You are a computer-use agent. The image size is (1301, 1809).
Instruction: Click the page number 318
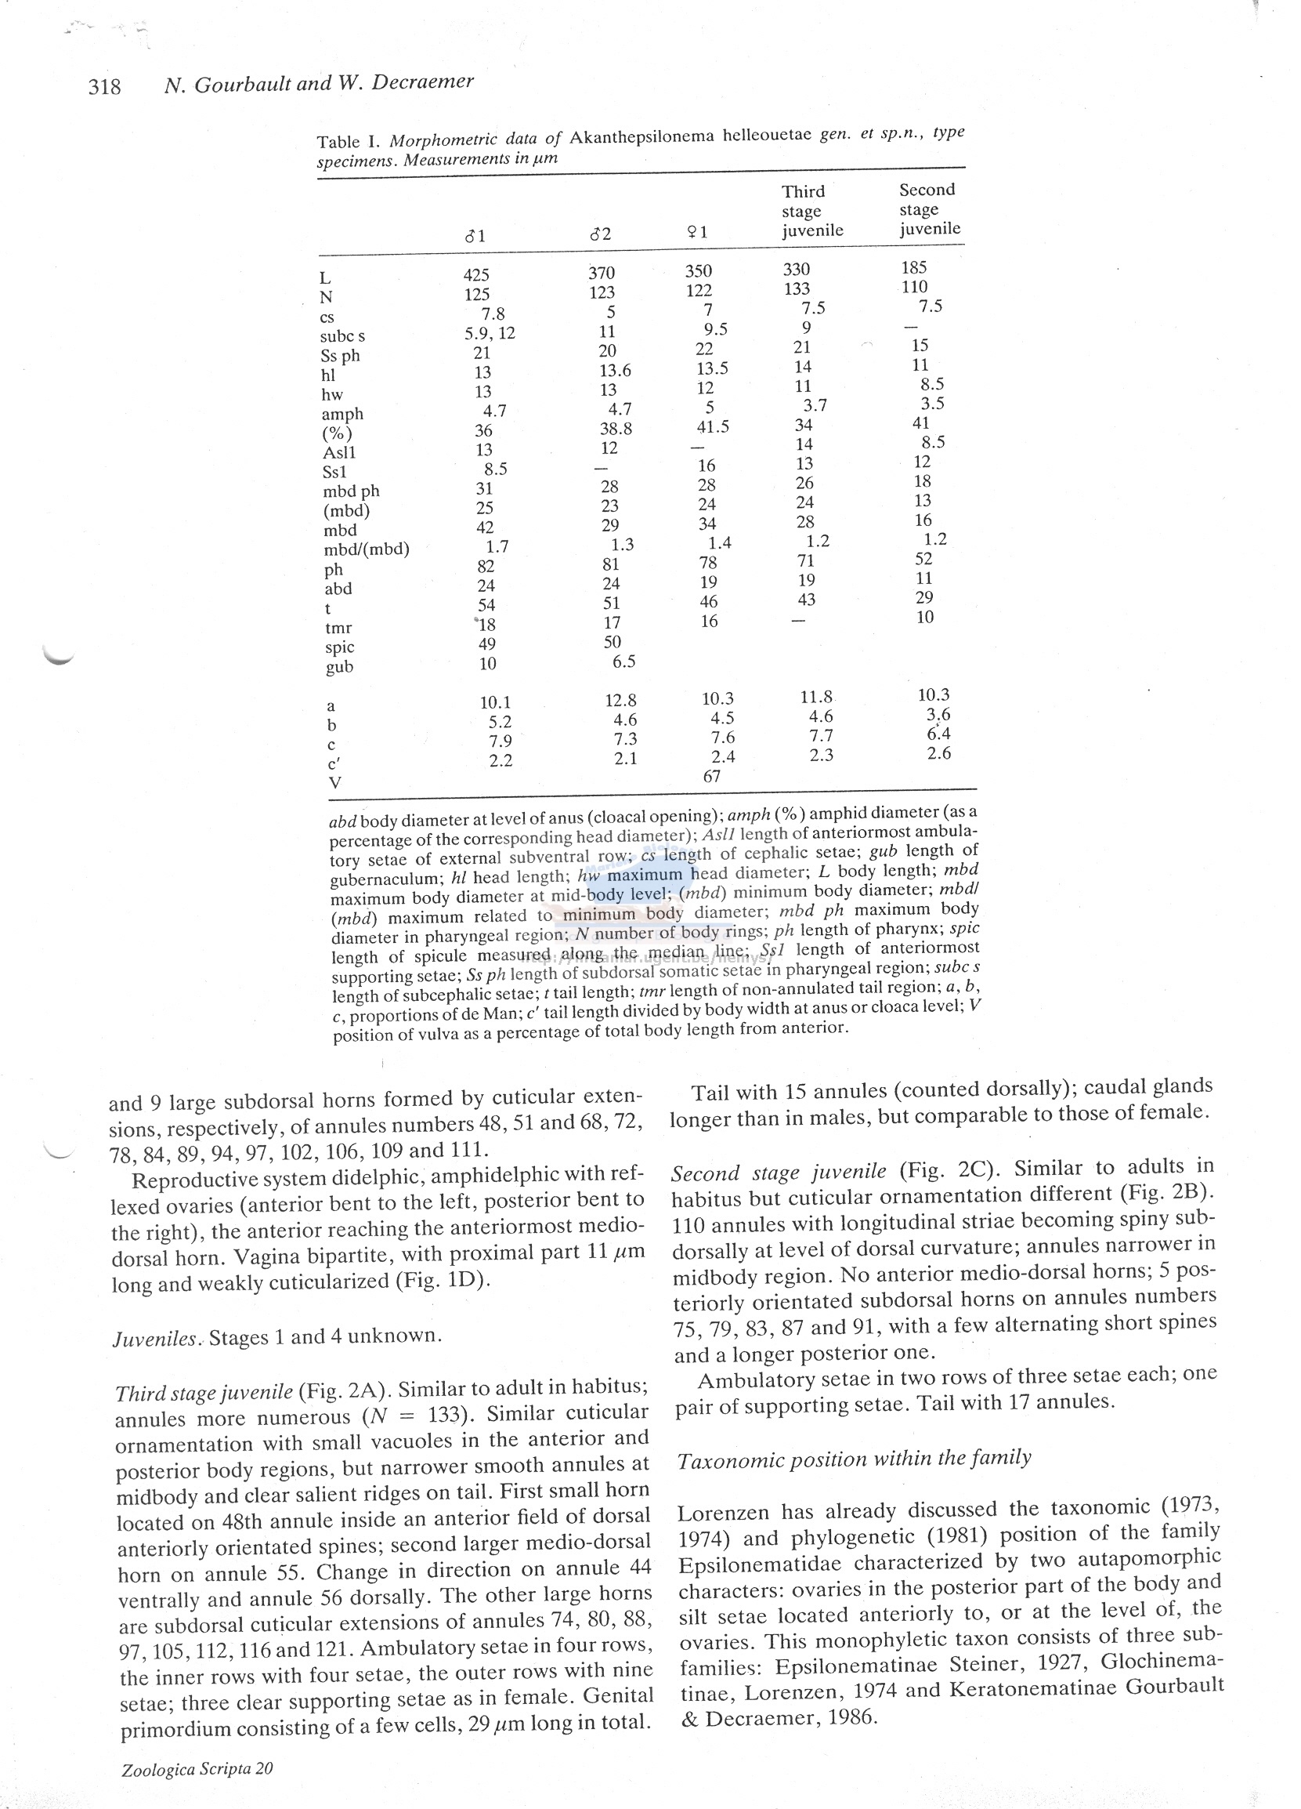tap(104, 86)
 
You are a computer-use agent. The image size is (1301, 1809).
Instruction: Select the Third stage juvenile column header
tap(811, 212)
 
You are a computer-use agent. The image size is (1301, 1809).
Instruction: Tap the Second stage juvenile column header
tap(930, 209)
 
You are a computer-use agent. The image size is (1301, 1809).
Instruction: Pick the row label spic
tap(340, 647)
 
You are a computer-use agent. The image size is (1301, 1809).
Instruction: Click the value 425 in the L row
tap(477, 275)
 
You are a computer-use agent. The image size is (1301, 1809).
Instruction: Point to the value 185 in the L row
tap(913, 267)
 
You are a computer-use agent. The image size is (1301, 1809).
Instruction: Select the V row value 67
tap(711, 776)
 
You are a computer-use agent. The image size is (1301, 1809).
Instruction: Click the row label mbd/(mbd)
tap(366, 549)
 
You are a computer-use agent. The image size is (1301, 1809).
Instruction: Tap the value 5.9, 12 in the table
tap(490, 333)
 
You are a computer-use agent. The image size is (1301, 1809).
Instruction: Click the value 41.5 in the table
tap(713, 426)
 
